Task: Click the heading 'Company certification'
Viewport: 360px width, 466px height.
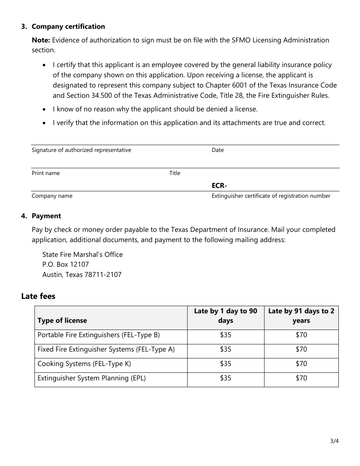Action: click(x=68, y=27)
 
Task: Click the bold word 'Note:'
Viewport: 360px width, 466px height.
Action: click(x=41, y=40)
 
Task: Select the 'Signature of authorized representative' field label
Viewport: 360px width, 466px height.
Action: click(x=81, y=150)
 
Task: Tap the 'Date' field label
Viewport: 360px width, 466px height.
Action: click(x=218, y=150)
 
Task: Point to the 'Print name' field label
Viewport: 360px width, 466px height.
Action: click(x=46, y=173)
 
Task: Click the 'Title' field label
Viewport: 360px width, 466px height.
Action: click(x=175, y=173)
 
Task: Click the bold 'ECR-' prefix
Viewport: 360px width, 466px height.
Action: click(x=219, y=186)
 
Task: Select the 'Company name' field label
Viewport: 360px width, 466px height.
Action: click(x=52, y=196)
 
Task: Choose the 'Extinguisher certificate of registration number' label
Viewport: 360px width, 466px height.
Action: click(x=271, y=196)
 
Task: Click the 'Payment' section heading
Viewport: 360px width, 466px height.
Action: click(x=46, y=216)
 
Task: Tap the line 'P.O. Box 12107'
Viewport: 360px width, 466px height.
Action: click(x=66, y=264)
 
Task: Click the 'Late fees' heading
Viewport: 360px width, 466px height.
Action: click(x=38, y=296)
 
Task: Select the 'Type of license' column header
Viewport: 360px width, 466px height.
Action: click(x=62, y=321)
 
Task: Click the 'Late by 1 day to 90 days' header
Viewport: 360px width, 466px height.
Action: click(x=225, y=316)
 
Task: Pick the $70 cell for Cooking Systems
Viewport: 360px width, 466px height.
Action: click(x=301, y=364)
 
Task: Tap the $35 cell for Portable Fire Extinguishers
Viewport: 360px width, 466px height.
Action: click(x=225, y=335)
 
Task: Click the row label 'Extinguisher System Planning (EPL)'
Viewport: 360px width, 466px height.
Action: click(x=92, y=378)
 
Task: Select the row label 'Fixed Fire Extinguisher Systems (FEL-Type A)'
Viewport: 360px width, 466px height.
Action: click(x=106, y=349)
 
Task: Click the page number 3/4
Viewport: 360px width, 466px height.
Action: click(x=334, y=441)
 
